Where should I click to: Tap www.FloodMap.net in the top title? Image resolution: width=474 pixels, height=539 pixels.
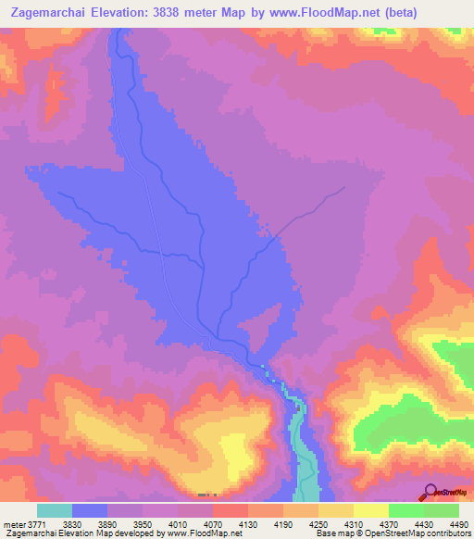point(319,13)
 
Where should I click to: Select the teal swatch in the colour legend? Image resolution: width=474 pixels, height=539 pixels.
point(55,511)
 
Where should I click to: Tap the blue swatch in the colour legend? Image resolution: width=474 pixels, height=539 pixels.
point(90,511)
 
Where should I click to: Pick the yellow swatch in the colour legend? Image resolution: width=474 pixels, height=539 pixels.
point(371,511)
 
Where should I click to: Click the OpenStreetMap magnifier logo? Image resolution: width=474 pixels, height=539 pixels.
point(430,492)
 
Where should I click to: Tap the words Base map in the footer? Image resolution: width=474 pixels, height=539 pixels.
point(331,533)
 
